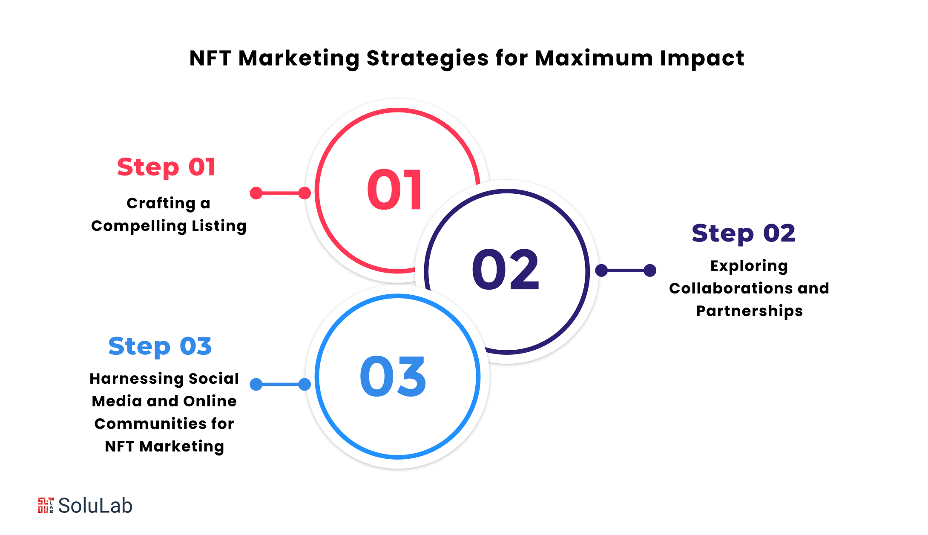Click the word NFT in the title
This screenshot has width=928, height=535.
[x=210, y=58]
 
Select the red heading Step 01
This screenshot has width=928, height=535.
[x=167, y=167]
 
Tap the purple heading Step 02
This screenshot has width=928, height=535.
[x=743, y=233]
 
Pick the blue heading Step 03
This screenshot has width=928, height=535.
[x=160, y=346]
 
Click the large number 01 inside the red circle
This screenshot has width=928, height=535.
[x=395, y=190]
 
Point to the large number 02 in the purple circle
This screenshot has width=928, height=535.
[x=506, y=270]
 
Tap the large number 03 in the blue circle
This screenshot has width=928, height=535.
[x=393, y=377]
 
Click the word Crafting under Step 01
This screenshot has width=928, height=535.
[x=161, y=204]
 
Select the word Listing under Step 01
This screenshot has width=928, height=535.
[x=219, y=226]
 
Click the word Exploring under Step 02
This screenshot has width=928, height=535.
[x=749, y=266]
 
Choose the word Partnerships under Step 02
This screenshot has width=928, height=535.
[x=749, y=311]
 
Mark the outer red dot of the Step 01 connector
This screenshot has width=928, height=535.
[x=256, y=193]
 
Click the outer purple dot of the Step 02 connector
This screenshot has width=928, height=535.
[x=650, y=270]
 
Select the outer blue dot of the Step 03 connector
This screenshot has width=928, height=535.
[x=256, y=384]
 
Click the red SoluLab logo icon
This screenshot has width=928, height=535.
[x=46, y=505]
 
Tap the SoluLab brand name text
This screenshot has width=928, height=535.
[x=95, y=506]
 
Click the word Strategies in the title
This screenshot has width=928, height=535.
[x=428, y=58]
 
